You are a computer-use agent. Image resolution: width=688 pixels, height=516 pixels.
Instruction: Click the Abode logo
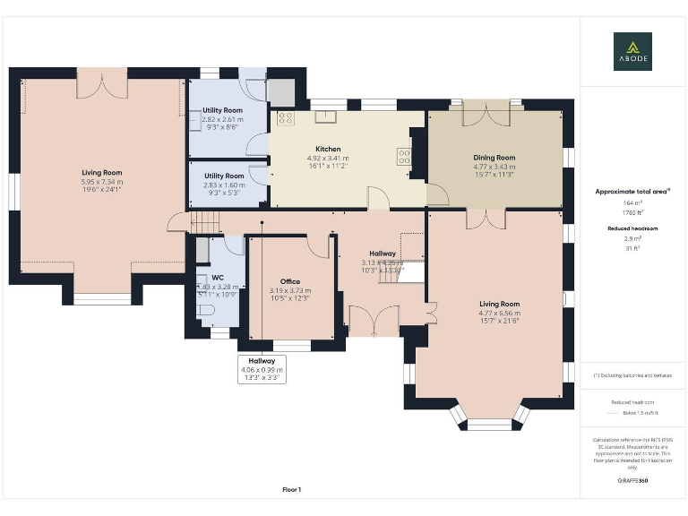pyautogui.click(x=632, y=51)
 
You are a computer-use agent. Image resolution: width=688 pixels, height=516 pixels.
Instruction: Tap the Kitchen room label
pyautogui.click(x=328, y=149)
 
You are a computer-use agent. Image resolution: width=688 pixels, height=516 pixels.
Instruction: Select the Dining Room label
pyautogui.click(x=494, y=158)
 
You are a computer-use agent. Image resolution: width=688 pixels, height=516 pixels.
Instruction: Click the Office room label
pyautogui.click(x=289, y=281)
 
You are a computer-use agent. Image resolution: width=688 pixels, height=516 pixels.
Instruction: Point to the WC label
pyautogui.click(x=217, y=278)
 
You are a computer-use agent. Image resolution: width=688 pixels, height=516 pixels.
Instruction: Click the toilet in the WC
pyautogui.click(x=205, y=310)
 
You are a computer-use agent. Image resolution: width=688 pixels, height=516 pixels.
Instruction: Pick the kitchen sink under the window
pyautogui.click(x=323, y=116)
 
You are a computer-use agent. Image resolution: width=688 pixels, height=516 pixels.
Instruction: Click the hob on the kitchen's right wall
pyautogui.click(x=404, y=159)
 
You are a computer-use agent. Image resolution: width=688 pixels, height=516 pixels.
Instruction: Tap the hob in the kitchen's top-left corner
pyautogui.click(x=285, y=118)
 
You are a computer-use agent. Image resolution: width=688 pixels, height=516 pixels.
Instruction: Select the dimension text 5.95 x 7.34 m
pyautogui.click(x=102, y=181)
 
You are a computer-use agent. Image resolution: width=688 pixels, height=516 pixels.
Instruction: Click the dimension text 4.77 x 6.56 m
pyautogui.click(x=498, y=313)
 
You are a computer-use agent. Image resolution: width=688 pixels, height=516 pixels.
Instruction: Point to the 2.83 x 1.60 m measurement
pyautogui.click(x=224, y=185)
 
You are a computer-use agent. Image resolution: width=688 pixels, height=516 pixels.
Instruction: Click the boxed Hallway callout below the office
pyautogui.click(x=262, y=369)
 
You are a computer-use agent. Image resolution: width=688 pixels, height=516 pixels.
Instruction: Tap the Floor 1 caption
pyautogui.click(x=292, y=489)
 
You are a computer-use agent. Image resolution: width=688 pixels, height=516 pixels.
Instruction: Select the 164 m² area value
pyautogui.click(x=632, y=203)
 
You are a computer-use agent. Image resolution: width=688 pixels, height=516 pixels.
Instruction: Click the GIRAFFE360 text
pyautogui.click(x=632, y=481)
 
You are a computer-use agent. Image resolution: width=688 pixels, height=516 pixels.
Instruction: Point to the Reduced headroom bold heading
pyautogui.click(x=632, y=228)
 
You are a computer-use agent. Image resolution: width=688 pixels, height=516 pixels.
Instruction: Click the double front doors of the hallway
pyautogui.click(x=374, y=321)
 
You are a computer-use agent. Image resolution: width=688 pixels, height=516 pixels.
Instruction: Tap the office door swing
pyautogui.click(x=319, y=245)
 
